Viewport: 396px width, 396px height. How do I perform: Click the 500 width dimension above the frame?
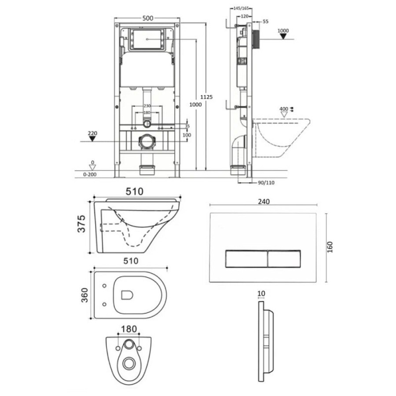(148, 18)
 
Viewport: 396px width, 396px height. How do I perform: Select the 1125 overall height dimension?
(207, 97)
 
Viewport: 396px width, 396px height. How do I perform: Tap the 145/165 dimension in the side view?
(241, 8)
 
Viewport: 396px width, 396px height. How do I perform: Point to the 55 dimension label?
(265, 22)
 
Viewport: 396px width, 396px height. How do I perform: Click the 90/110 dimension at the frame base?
(266, 183)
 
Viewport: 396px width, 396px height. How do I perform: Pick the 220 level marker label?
(93, 133)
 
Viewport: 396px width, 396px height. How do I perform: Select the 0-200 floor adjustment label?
(90, 175)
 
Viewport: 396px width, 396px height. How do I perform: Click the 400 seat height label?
(284, 109)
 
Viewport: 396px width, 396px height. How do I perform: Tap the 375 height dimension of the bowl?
(82, 224)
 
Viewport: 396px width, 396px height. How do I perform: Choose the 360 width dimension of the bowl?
(84, 295)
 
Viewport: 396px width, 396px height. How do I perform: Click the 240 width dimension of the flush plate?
(264, 202)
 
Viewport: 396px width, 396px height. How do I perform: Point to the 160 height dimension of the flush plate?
(330, 247)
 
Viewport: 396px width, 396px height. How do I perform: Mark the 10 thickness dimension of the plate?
(262, 294)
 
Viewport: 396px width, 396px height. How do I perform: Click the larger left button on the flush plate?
(246, 259)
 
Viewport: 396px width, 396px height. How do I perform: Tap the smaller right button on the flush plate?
(284, 259)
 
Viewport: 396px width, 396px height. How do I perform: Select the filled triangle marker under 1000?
(283, 37)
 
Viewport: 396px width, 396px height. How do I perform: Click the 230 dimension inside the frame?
(147, 106)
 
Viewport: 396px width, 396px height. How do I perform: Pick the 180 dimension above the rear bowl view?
(129, 329)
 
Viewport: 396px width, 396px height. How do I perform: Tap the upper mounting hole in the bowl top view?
(105, 286)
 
